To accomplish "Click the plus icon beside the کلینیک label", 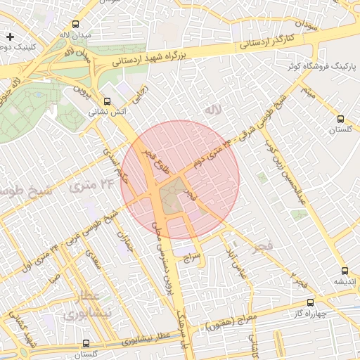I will pyautogui.click(x=10, y=36).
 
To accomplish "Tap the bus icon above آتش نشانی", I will pyautogui.click(x=107, y=101).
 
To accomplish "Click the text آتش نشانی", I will pyautogui.click(x=106, y=112).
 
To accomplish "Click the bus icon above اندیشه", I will pyautogui.click(x=344, y=271).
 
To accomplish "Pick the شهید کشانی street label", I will pyautogui.click(x=25, y=329).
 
